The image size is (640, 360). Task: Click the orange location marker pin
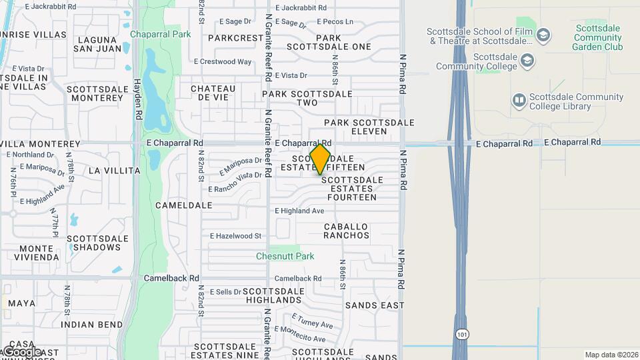coord(321,159)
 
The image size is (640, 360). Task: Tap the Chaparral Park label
coord(160,34)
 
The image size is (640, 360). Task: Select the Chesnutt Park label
coord(285,256)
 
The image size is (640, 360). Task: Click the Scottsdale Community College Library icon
coord(519,101)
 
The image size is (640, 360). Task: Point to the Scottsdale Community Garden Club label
coord(598,38)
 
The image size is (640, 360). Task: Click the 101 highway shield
coord(461,333)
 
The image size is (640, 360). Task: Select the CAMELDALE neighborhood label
coord(183,205)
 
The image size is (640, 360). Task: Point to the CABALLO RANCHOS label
coord(347,231)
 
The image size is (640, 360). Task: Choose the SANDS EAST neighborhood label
coord(375,305)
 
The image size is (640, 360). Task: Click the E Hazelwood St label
coord(236,236)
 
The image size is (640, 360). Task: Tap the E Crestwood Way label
coord(223,62)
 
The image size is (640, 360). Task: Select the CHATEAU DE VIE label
coord(213,93)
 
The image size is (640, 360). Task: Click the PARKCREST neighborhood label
coord(235,38)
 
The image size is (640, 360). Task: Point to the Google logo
coord(22,352)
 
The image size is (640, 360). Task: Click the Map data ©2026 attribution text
coord(611,355)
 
